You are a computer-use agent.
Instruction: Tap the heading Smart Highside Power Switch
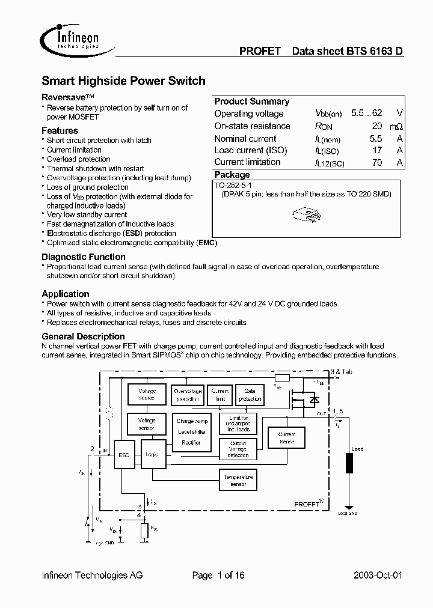coord(123,81)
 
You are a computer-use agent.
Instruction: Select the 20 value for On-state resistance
coord(376,126)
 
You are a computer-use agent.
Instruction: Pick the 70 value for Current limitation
coord(376,162)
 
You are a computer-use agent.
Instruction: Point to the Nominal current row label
coord(245,138)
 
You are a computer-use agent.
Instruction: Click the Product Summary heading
coord(251,102)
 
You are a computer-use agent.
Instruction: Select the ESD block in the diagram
coord(124,455)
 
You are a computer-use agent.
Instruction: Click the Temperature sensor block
coord(238,480)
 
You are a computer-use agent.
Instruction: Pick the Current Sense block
coord(287,437)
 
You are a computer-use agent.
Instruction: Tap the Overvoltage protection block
coord(187,395)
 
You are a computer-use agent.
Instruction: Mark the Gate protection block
coord(250,395)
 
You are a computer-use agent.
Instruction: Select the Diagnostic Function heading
coord(83,257)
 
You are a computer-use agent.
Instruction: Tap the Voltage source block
coord(147,394)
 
